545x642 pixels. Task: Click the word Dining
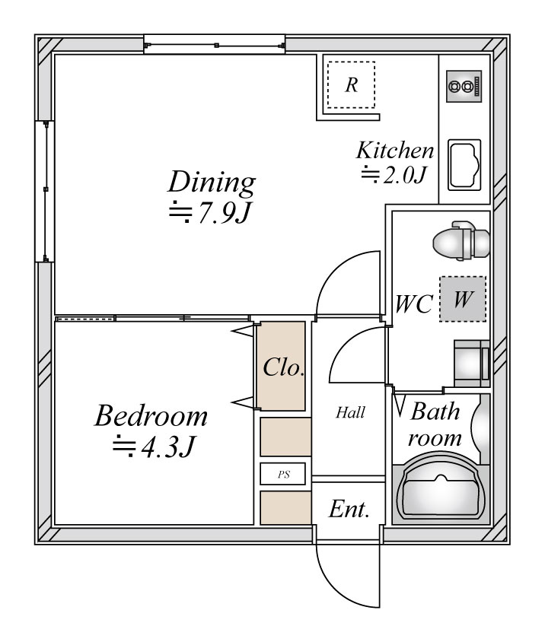(x=212, y=183)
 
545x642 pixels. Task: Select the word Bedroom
(x=151, y=416)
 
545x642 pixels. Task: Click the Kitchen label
(x=396, y=150)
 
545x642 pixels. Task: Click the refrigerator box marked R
(x=351, y=84)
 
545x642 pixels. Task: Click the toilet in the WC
(x=460, y=242)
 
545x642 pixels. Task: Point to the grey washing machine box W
(x=462, y=299)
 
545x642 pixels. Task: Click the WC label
(x=414, y=304)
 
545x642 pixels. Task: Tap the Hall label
(x=350, y=414)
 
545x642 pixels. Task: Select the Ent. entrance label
(x=349, y=510)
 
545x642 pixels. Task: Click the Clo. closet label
(x=283, y=368)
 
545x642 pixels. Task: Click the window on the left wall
(x=45, y=191)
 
